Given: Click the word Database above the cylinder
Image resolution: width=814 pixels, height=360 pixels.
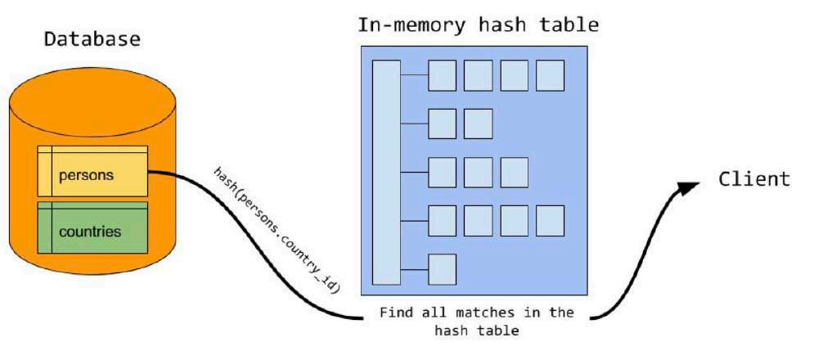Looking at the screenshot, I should (92, 39).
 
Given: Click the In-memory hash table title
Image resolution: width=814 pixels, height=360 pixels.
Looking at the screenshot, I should (478, 25).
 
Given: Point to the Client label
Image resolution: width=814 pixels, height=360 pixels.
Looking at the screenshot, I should (754, 179).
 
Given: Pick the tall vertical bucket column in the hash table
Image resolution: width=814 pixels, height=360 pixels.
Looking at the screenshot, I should (386, 171).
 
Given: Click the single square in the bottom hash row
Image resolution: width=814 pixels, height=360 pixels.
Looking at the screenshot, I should (442, 268).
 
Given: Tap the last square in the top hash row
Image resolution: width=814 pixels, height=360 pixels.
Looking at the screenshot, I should (550, 75).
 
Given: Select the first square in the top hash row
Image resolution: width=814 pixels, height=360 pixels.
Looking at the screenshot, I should (442, 75).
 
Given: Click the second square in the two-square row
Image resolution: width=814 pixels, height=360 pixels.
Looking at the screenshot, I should (478, 124).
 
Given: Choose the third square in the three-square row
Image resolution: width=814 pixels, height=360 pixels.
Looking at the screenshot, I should (514, 172).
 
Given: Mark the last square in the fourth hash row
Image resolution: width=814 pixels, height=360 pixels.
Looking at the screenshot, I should (550, 220).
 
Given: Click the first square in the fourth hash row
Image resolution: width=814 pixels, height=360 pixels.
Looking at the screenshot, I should (442, 220).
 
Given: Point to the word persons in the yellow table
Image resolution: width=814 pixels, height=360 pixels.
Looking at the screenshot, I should (86, 174).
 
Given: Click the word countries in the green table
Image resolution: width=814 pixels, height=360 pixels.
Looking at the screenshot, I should (90, 232).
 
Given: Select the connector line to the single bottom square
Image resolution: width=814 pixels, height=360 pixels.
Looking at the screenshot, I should (414, 268).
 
